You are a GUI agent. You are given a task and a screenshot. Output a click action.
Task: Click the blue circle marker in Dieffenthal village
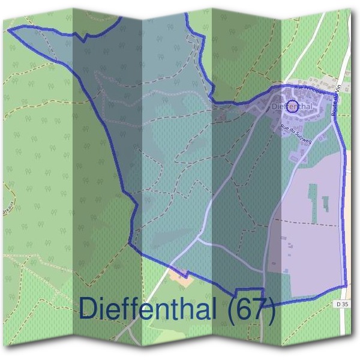coord(292,107)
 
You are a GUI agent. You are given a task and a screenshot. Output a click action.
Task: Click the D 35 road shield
coord(343,304)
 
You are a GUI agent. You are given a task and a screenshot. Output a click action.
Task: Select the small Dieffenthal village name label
coord(293,107)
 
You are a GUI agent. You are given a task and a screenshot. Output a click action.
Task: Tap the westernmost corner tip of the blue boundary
coord(8,29)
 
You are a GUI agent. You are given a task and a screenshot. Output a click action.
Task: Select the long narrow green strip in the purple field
coord(313,198)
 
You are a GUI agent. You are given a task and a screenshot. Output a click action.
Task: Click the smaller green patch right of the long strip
coord(325,203)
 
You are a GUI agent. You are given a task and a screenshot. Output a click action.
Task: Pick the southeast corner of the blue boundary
coord(346,286)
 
